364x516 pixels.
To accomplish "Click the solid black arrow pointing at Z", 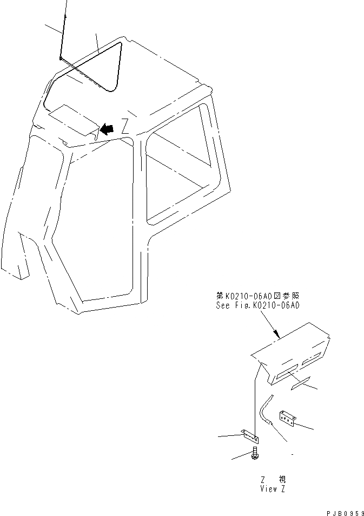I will coord(108,129).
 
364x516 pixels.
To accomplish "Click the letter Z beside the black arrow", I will coord(124,128).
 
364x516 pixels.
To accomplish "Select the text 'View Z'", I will coord(272,489).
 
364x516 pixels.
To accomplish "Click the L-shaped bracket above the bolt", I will coord(250,435).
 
